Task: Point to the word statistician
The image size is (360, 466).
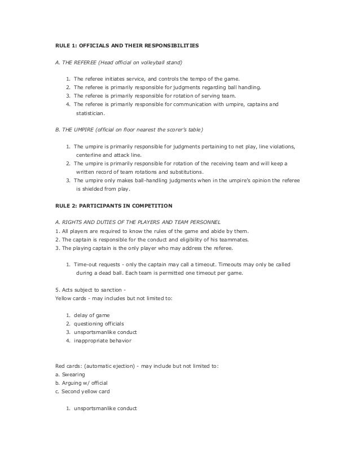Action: click(x=93, y=113)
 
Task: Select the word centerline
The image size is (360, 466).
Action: click(x=91, y=155)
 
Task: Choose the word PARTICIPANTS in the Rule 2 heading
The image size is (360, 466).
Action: click(x=98, y=205)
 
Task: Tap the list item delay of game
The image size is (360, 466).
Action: click(x=91, y=315)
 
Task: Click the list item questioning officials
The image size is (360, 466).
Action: click(x=102, y=324)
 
